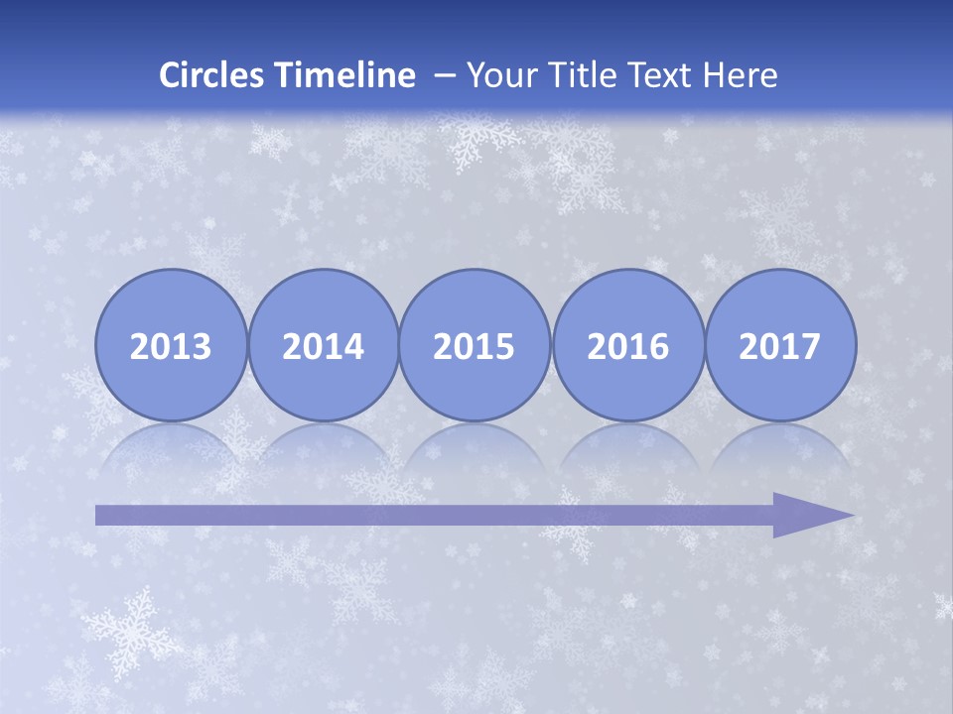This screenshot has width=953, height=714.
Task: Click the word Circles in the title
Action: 210,75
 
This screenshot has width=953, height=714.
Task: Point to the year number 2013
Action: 171,346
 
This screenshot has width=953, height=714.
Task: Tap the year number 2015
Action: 475,346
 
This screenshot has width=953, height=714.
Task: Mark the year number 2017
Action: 780,346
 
